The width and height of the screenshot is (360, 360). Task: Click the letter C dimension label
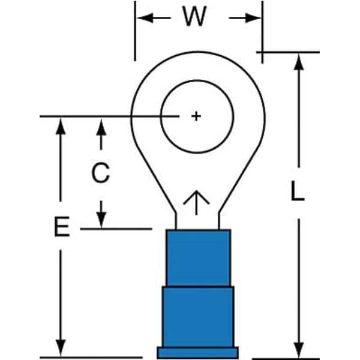point(100,173)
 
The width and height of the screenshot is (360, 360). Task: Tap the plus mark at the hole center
point(196,116)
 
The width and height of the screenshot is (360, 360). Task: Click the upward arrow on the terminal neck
point(196,203)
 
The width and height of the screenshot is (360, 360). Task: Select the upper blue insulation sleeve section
point(197,257)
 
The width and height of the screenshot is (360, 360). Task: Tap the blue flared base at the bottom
point(197,352)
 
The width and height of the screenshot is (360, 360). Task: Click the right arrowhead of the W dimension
point(256,18)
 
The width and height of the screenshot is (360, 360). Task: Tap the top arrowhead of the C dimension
point(101,125)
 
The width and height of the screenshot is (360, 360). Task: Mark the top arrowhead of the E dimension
point(60,125)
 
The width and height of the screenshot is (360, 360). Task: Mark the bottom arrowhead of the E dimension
point(60,349)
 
